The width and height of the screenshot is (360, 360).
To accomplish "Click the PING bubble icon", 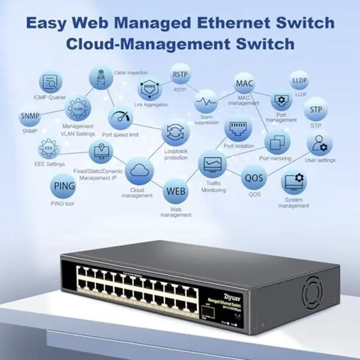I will click(63, 186).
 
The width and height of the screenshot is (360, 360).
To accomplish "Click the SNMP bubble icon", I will click(30, 116).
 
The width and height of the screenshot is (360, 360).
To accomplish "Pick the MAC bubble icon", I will click(245, 84).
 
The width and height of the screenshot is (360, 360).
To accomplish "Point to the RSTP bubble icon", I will click(180, 75).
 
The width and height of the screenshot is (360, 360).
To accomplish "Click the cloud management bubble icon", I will click(139, 170).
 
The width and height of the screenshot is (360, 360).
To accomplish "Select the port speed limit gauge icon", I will click(120, 119).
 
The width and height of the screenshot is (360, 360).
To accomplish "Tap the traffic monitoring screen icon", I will click(213, 164).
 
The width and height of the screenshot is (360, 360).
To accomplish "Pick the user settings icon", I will click(319, 144).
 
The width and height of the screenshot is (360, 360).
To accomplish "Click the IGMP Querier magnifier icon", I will click(51, 82).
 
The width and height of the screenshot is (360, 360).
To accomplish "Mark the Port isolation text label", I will click(239, 146).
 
